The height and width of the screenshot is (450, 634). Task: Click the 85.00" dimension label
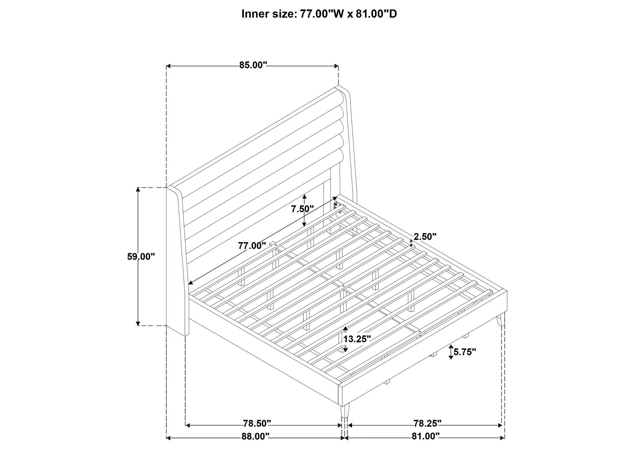[x=253, y=65]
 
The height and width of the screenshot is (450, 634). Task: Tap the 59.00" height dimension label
[x=141, y=257]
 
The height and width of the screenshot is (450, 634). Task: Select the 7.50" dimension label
[x=302, y=209]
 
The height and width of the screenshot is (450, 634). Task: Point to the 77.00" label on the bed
[x=252, y=246]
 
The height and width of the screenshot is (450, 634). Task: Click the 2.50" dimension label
[x=425, y=237]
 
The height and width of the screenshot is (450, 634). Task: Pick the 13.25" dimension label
[x=357, y=339]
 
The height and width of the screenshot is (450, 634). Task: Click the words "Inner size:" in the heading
[x=269, y=14]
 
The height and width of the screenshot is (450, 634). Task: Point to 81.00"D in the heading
[x=376, y=14]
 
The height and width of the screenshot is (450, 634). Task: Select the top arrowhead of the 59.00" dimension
[x=138, y=190]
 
